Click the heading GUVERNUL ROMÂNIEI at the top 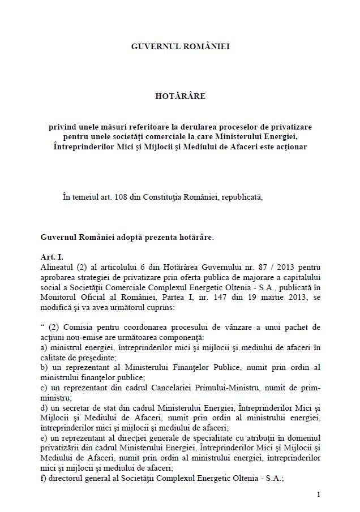(x=180, y=46)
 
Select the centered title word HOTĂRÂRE (x=180, y=96)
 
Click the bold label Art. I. (x=52, y=257)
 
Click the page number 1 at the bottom (x=319, y=494)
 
